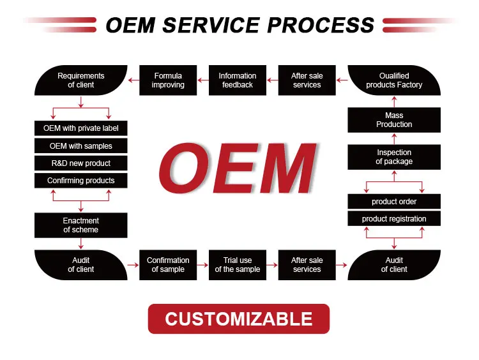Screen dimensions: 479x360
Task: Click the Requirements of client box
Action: (x=80, y=80)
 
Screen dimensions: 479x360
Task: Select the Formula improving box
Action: (x=168, y=80)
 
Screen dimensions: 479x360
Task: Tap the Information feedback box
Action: (x=238, y=80)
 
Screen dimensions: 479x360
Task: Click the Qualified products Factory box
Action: (x=394, y=80)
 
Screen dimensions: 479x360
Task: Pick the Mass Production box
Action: (x=394, y=120)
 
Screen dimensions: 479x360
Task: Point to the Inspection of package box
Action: (x=394, y=157)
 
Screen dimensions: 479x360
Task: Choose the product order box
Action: (x=394, y=202)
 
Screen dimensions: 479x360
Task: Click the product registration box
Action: (x=394, y=219)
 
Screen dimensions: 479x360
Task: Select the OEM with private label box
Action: (x=80, y=128)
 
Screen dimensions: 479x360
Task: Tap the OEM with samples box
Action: (x=80, y=146)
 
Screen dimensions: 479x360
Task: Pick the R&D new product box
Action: (x=80, y=163)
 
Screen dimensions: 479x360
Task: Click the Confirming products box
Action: (x=80, y=181)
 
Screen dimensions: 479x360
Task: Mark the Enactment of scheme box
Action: (x=80, y=225)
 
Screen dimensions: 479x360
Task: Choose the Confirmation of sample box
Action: (x=168, y=265)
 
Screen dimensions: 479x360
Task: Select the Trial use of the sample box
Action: (x=238, y=265)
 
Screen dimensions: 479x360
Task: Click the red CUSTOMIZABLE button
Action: (x=239, y=319)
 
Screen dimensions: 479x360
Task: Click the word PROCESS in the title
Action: (x=320, y=25)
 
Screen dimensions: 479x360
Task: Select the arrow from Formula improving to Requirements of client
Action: (x=133, y=80)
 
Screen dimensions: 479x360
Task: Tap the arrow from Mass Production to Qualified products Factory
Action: (x=394, y=101)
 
